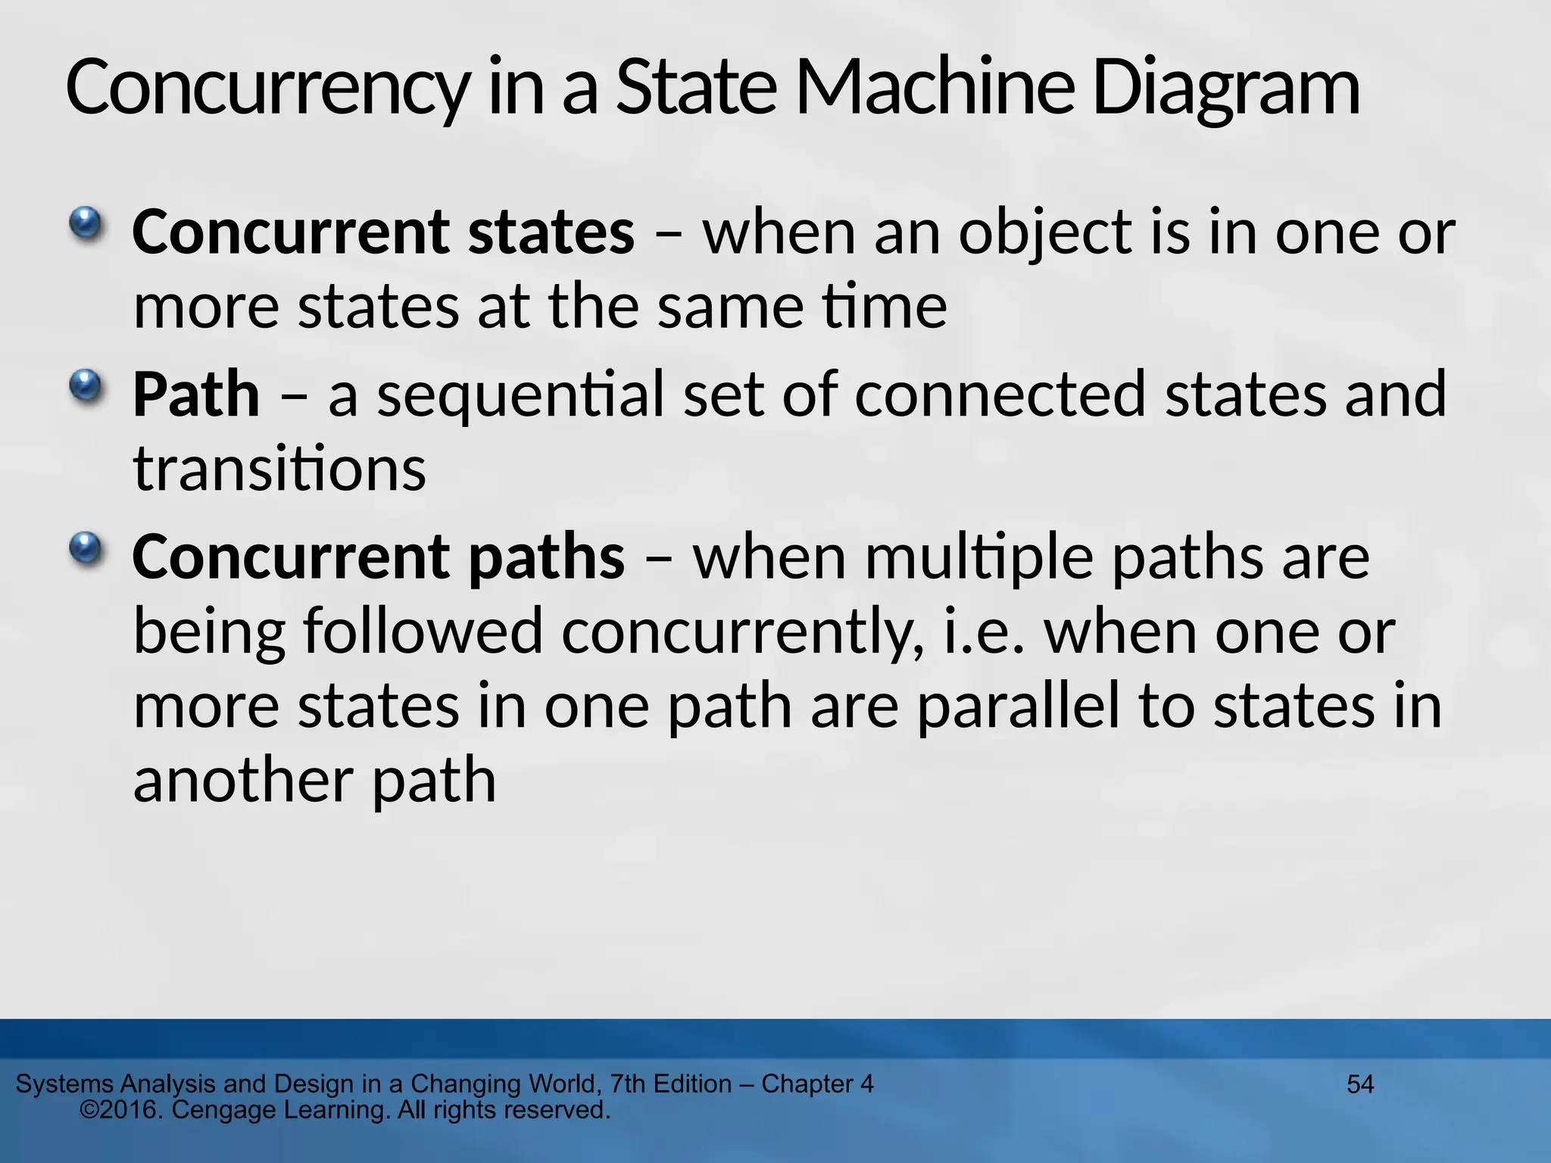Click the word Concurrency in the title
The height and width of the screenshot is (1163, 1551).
[x=267, y=89]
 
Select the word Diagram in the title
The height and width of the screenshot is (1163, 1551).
[x=1225, y=89]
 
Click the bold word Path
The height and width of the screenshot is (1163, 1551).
[x=195, y=394]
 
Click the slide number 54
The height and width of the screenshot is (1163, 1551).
[x=1360, y=1084]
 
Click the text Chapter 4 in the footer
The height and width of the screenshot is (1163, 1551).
[x=817, y=1084]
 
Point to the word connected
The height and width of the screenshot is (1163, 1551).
[x=1000, y=394]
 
